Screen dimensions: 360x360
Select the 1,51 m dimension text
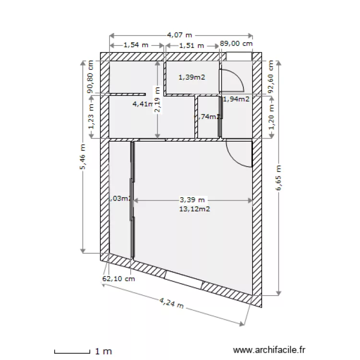[x=192, y=46]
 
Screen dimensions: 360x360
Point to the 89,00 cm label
[x=236, y=44]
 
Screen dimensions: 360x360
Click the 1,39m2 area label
[x=192, y=77]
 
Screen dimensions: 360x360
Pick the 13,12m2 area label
[x=195, y=209]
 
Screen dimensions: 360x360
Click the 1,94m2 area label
[x=236, y=99]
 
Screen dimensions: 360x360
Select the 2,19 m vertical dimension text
[x=157, y=100]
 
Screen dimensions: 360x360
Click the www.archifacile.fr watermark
[x=268, y=351]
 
